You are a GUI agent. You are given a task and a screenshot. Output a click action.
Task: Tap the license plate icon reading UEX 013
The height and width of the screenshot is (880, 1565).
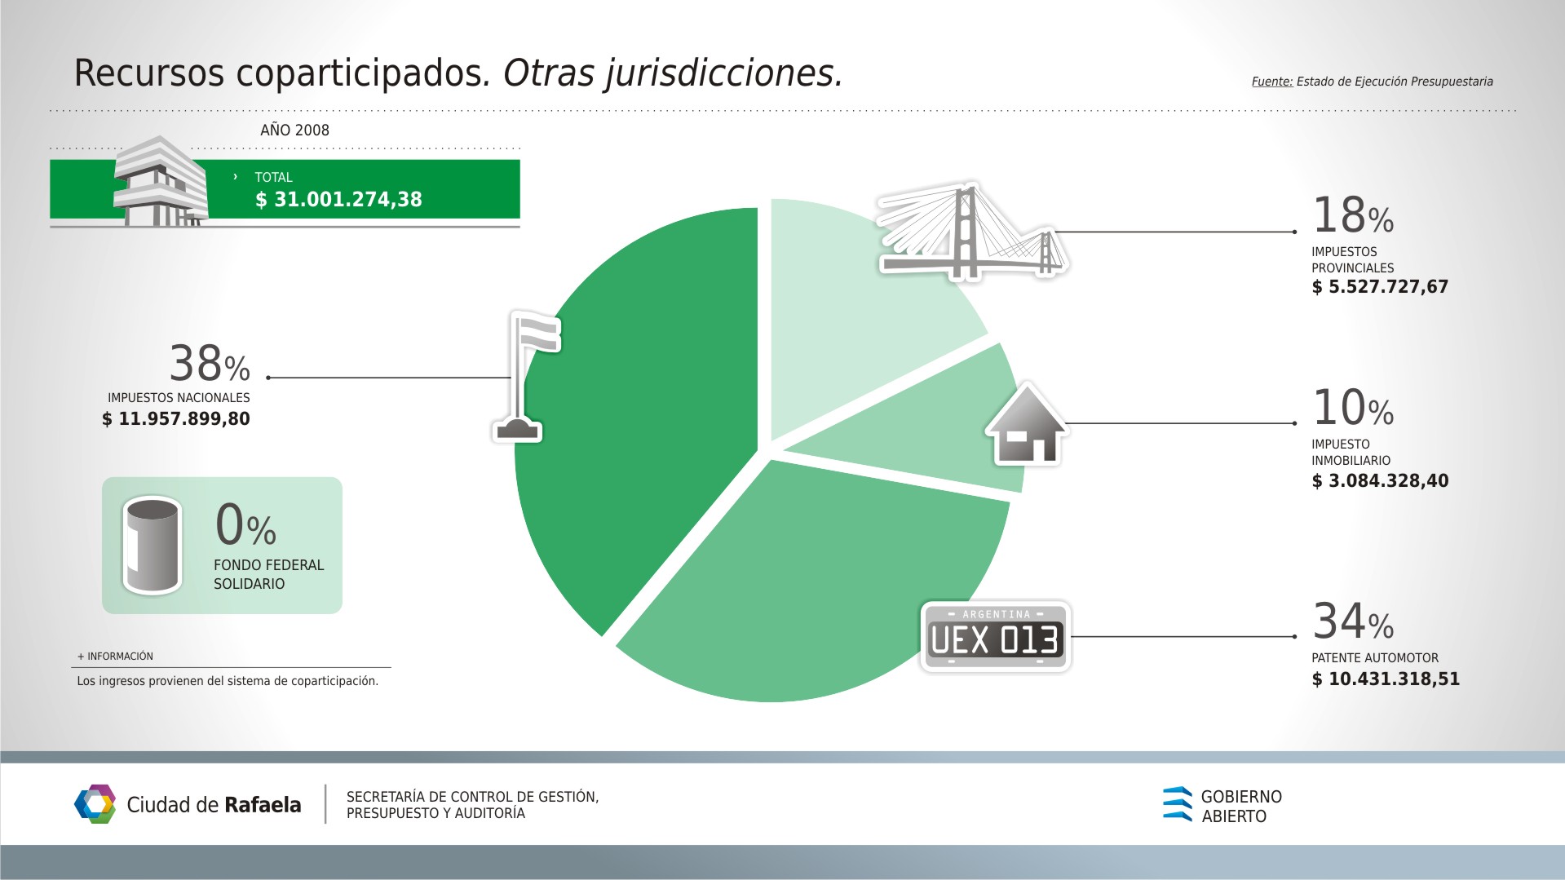(995, 637)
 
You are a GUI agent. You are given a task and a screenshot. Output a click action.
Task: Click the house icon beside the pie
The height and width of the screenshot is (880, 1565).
(1027, 424)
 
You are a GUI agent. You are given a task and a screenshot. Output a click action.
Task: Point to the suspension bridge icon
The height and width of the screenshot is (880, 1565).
(971, 232)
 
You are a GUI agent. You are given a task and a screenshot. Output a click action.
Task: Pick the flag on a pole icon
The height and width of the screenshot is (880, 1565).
(526, 376)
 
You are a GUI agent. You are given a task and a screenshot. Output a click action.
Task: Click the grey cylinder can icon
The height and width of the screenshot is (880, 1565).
(152, 546)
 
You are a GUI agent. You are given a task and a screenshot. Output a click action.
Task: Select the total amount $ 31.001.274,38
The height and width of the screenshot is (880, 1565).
(338, 200)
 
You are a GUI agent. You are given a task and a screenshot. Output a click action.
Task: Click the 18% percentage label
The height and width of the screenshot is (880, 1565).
(1353, 215)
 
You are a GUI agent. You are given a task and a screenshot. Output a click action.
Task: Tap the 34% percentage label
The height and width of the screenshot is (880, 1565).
(1353, 621)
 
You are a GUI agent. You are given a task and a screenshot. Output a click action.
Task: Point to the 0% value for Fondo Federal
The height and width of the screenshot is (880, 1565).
(245, 524)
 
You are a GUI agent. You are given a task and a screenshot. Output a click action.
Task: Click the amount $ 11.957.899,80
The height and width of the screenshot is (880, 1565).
(176, 419)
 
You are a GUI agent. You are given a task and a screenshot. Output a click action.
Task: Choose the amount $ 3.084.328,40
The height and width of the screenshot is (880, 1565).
(1380, 481)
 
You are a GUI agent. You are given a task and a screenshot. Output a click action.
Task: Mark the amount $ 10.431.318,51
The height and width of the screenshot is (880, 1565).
(1386, 679)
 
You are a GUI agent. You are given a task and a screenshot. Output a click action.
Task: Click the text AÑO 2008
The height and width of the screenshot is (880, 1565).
(295, 130)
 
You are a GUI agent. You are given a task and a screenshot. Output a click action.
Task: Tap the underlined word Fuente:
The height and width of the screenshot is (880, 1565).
(1272, 82)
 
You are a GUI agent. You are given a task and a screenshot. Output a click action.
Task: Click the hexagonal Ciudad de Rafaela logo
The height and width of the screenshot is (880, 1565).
(95, 804)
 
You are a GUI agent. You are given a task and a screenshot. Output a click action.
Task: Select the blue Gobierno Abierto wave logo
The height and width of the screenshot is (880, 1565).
(1178, 804)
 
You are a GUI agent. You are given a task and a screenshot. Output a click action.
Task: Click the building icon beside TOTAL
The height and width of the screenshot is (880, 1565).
(161, 181)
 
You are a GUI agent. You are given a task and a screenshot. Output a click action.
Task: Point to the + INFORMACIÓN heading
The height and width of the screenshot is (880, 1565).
(115, 657)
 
